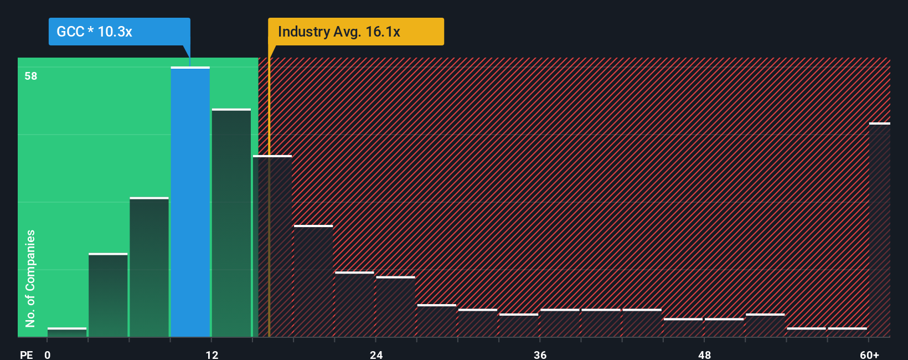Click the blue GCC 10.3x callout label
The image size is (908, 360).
click(x=119, y=32)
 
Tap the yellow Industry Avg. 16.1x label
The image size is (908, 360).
click(x=355, y=32)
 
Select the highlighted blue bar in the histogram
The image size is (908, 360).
click(x=190, y=202)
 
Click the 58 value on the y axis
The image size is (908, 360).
click(x=31, y=76)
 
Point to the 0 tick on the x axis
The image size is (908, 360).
click(x=48, y=354)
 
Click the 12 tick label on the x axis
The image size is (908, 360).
click(x=212, y=354)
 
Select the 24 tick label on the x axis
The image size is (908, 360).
click(x=376, y=354)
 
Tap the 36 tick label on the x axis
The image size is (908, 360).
click(x=540, y=354)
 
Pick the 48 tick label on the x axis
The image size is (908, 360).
click(x=705, y=354)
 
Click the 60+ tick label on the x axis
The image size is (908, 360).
click(x=870, y=354)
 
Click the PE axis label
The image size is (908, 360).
click(x=26, y=354)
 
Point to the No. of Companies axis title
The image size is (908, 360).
click(x=30, y=278)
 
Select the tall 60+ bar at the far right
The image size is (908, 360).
click(x=879, y=230)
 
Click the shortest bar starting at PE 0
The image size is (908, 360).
click(x=67, y=332)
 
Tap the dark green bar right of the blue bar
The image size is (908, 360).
click(x=231, y=223)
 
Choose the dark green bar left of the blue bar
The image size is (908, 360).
click(x=149, y=268)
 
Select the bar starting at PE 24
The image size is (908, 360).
click(x=395, y=307)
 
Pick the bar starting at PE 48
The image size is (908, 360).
click(x=724, y=328)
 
